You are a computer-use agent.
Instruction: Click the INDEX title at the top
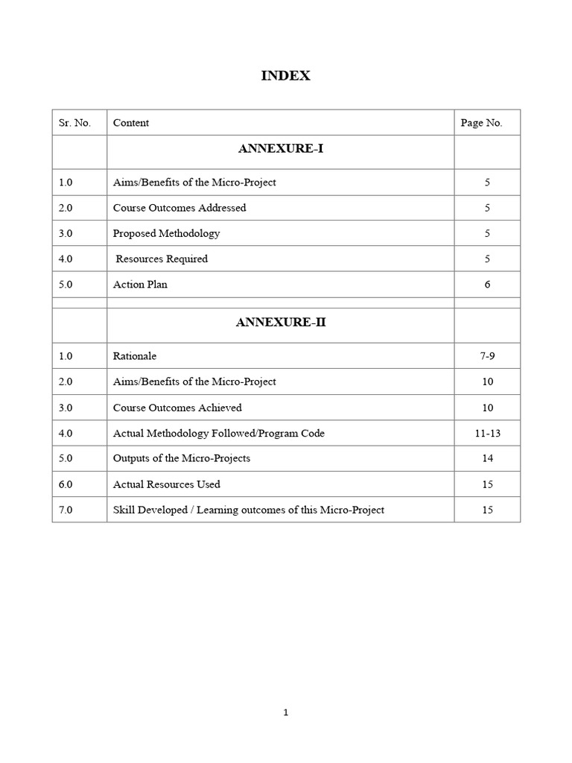click(285, 76)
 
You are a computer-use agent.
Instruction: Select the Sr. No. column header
click(74, 123)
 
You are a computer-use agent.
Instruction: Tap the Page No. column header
click(481, 123)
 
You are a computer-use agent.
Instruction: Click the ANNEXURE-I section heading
click(280, 149)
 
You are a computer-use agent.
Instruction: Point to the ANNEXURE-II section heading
click(280, 323)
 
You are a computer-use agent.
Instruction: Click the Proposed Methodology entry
click(166, 233)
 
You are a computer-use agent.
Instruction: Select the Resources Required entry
click(161, 259)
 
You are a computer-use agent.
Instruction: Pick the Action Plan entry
click(140, 285)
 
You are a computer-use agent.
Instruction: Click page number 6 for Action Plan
click(487, 285)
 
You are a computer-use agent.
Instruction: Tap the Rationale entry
click(135, 356)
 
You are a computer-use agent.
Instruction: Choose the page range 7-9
click(487, 356)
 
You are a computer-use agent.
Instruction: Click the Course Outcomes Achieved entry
click(177, 408)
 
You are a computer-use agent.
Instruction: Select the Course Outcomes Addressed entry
click(179, 208)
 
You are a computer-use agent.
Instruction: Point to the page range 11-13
click(487, 433)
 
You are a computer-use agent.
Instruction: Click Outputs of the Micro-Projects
click(182, 458)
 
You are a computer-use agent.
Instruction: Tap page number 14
click(487, 458)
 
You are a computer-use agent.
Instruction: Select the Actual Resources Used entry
click(167, 484)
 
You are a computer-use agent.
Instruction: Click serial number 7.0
click(66, 510)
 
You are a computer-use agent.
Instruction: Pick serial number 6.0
click(66, 484)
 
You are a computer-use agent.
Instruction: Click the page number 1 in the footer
click(286, 712)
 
